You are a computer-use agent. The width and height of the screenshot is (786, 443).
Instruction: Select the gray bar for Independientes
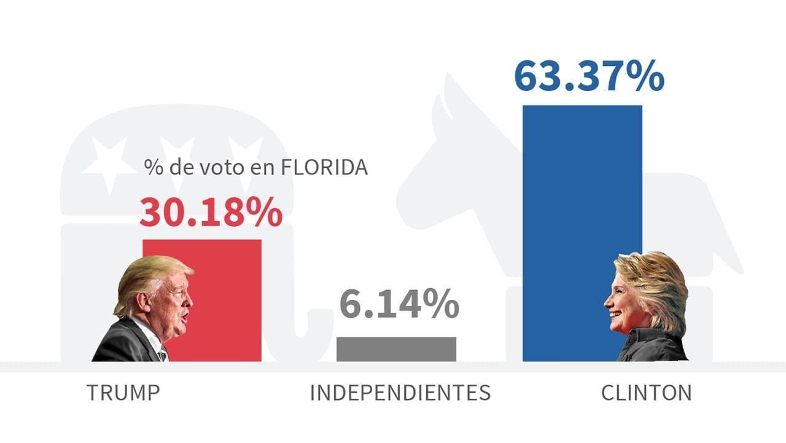(396, 349)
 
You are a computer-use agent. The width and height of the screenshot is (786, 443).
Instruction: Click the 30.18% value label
(211, 212)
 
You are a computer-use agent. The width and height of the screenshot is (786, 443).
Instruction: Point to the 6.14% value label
(399, 305)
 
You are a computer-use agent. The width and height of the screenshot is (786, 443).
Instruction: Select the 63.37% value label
(589, 76)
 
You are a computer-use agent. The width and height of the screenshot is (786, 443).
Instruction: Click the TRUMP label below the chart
(123, 393)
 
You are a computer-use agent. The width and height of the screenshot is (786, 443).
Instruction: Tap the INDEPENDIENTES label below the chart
(400, 393)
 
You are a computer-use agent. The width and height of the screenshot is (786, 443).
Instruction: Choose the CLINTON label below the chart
(646, 393)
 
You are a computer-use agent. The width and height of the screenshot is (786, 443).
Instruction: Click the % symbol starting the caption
(151, 168)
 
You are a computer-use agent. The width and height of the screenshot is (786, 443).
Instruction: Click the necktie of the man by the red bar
(162, 354)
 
